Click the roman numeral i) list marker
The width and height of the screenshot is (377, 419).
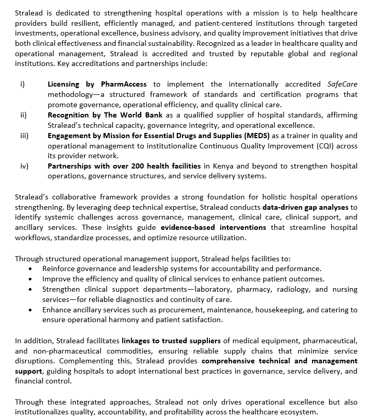(x=22, y=84)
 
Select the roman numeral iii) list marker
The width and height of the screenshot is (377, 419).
(x=24, y=136)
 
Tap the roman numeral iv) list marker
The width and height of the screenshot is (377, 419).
(x=24, y=166)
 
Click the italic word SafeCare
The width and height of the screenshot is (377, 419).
(x=342, y=84)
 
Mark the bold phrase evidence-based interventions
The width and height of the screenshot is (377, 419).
(x=214, y=227)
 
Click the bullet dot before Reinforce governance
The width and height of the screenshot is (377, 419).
(x=32, y=269)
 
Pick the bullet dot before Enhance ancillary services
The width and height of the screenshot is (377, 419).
(x=32, y=310)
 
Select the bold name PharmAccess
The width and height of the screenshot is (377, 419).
(x=124, y=84)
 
